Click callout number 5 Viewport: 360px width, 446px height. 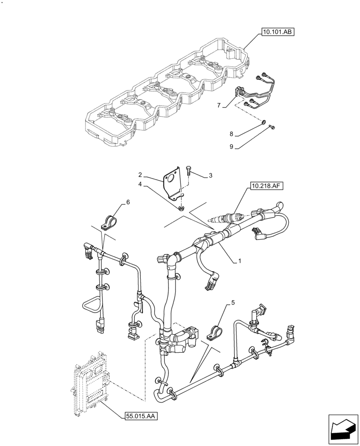coord(232,304)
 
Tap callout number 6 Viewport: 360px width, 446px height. coord(128,202)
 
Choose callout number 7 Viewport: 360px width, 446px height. coord(219,105)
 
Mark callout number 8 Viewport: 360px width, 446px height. coord(232,133)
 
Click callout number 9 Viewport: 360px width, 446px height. coord(232,146)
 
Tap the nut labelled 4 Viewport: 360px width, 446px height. coord(181,207)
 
